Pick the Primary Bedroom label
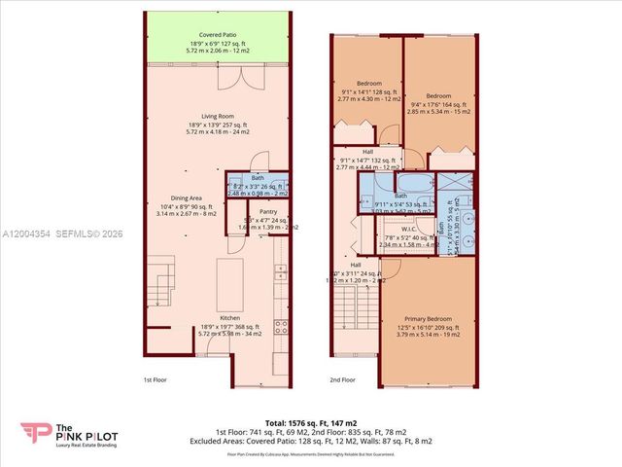coord(429,318)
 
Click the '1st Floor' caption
coord(155,379)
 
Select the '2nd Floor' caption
coord(342,379)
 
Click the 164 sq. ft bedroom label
coord(438,96)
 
